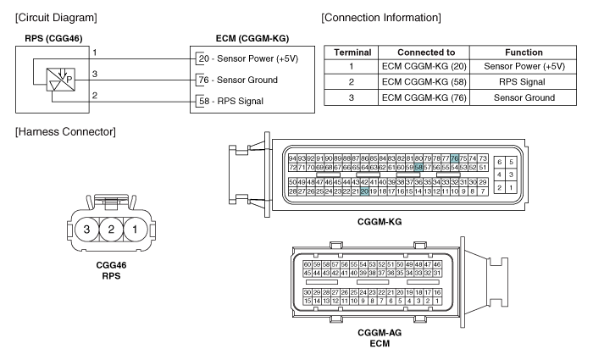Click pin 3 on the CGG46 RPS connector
[x=86, y=230]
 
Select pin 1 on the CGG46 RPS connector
[x=135, y=230]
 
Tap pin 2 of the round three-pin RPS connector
[x=111, y=230]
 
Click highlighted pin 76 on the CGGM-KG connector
[x=455, y=158]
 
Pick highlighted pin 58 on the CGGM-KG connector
[x=418, y=167]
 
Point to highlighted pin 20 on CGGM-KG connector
[x=364, y=191]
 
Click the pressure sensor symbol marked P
[x=60, y=80]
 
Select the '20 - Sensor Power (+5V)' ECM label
[x=248, y=58]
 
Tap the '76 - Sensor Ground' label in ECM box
[x=238, y=80]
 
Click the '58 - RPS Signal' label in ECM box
[x=231, y=101]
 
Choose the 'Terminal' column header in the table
[x=352, y=53]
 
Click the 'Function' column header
[x=524, y=53]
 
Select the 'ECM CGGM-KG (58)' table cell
[x=424, y=81]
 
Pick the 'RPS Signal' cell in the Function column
[x=522, y=81]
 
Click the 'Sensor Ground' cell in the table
[x=524, y=97]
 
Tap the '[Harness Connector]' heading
[x=65, y=131]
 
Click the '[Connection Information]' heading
[x=381, y=18]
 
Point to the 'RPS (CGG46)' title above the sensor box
[x=53, y=39]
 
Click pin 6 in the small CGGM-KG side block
[x=500, y=163]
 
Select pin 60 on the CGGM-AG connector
[x=307, y=264]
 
